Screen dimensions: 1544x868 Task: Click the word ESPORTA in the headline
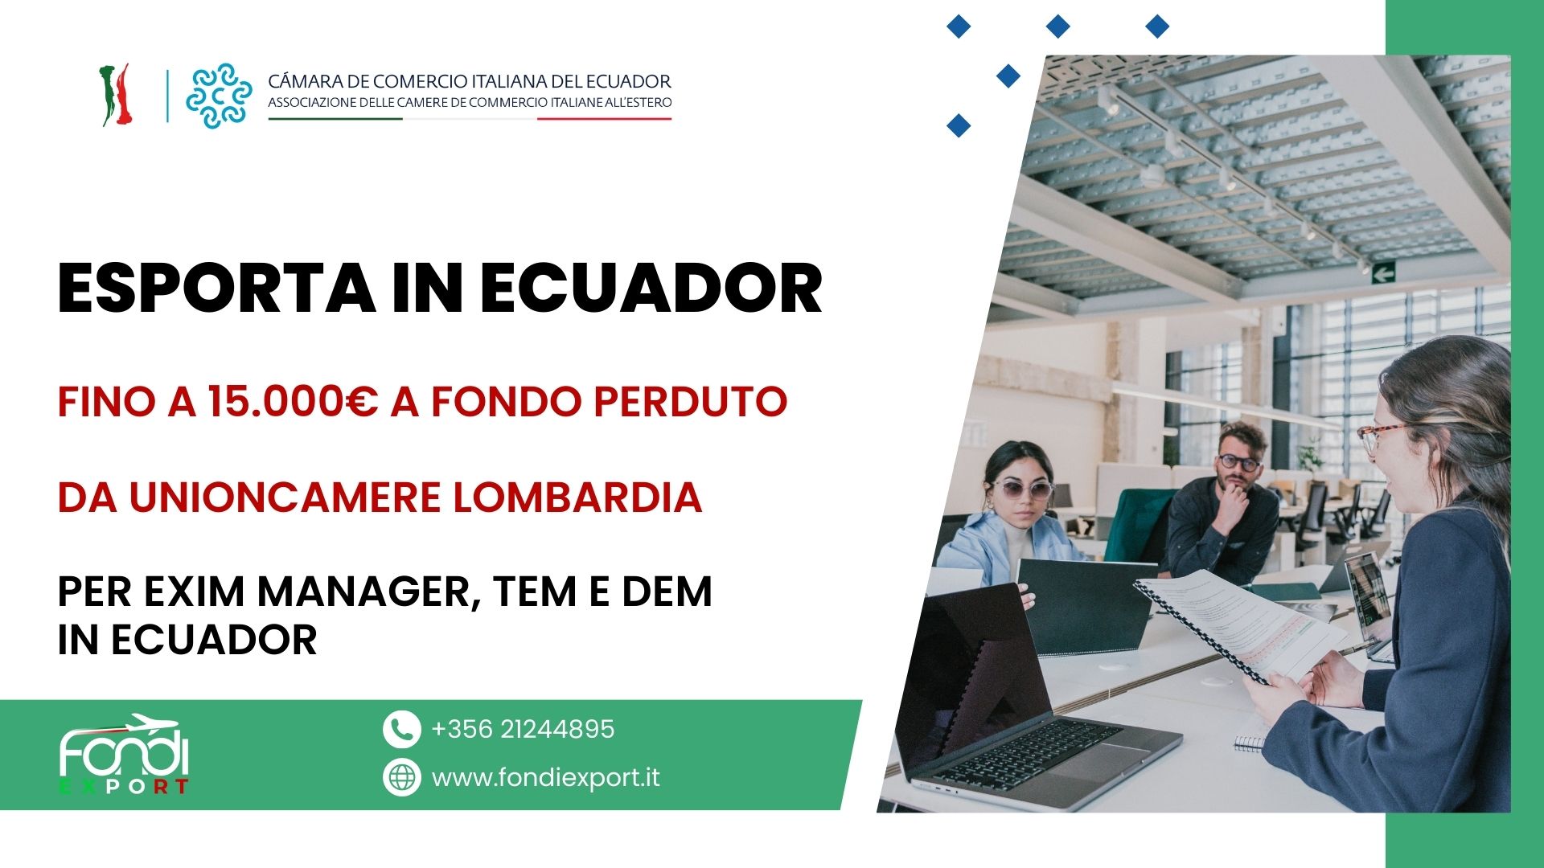[x=216, y=289]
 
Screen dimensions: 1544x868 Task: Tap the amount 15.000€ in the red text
[x=293, y=402]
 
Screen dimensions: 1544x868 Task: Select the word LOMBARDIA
[x=577, y=497]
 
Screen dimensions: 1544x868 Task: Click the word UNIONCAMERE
[x=285, y=497]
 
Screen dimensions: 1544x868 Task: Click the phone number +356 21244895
[x=523, y=729]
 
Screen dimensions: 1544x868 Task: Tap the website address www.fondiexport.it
[x=546, y=778]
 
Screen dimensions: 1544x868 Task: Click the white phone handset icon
[x=402, y=730]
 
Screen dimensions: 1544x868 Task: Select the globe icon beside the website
[x=402, y=777]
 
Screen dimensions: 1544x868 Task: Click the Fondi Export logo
[x=124, y=754]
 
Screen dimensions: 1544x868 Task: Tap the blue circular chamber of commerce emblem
[x=219, y=96]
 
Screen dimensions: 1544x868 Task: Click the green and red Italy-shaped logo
[x=116, y=95]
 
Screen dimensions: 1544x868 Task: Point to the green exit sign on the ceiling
[x=1382, y=273]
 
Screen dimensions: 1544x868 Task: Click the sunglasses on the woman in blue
[x=1021, y=489]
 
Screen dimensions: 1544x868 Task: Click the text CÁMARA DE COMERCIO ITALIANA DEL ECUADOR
[x=470, y=81]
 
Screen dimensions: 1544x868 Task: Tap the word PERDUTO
[x=690, y=402]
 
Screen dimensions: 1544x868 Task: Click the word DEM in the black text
[x=667, y=592]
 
